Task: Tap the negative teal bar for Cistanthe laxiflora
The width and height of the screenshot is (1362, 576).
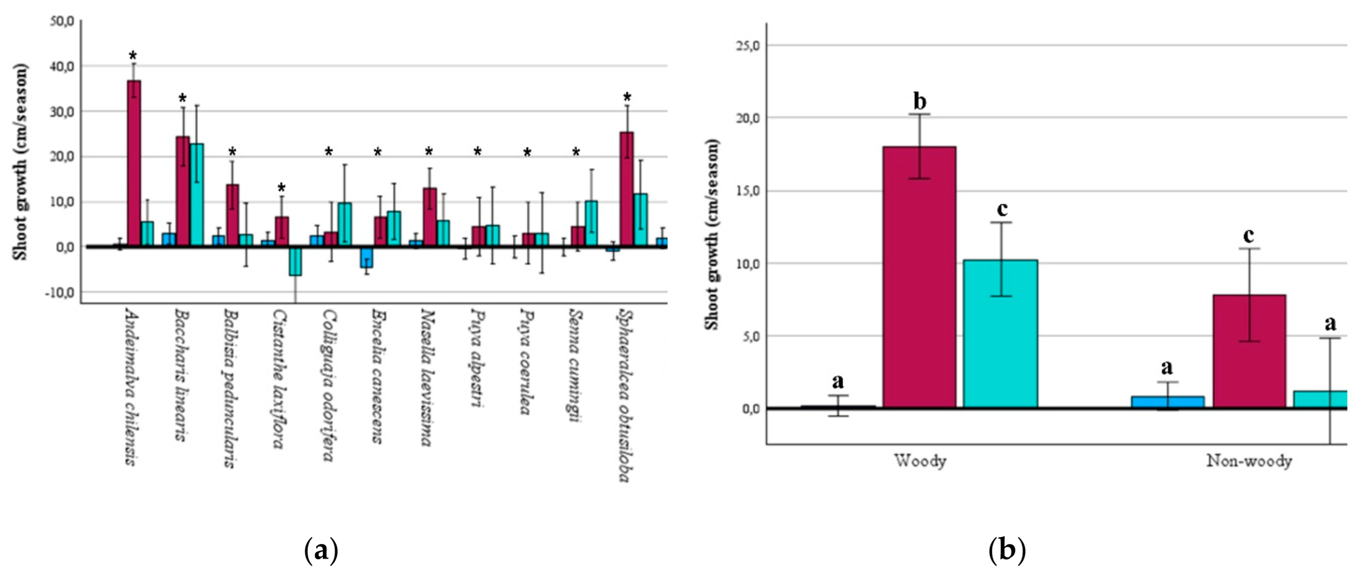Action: [x=295, y=262]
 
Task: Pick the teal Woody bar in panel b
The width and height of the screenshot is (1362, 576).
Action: [x=1000, y=334]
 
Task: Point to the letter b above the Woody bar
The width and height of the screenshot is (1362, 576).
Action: [x=920, y=101]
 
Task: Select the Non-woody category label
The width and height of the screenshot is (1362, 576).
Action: [x=1249, y=461]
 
